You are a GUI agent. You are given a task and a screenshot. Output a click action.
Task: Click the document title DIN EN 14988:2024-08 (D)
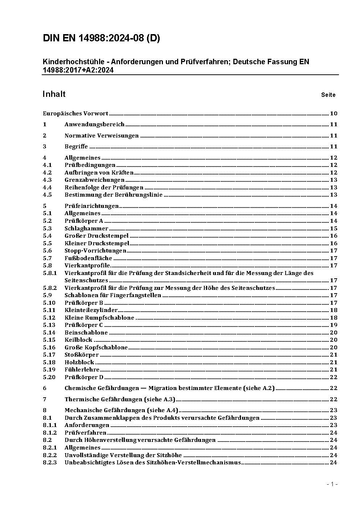point(101,38)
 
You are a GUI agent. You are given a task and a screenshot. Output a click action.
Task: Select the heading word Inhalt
point(54,94)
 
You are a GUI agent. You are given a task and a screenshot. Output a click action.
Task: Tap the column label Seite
point(328,95)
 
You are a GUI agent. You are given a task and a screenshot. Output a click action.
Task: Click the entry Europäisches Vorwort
point(75,114)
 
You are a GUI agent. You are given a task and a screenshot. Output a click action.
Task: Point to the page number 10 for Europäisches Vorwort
point(334,114)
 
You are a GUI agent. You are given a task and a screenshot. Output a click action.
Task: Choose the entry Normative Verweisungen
point(102,136)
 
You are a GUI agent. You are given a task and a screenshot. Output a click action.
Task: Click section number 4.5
point(47,195)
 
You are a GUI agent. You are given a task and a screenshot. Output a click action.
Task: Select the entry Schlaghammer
point(86,229)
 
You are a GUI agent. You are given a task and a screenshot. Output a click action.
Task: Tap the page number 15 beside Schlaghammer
point(334,229)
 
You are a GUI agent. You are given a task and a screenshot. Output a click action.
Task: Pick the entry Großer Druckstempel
point(97,236)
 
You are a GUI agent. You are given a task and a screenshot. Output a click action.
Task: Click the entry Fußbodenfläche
point(88,258)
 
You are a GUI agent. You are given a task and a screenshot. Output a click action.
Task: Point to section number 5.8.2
point(50,288)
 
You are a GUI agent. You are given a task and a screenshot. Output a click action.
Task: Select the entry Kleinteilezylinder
point(91,310)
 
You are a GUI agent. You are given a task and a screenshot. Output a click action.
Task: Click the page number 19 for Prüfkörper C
point(334,325)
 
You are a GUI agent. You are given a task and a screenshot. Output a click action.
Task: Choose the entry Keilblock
point(78,340)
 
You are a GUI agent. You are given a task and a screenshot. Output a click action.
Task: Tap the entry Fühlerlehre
point(82,370)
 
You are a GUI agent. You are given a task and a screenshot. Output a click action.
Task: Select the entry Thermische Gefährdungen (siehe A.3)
point(120,399)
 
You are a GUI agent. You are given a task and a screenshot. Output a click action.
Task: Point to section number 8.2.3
point(50,463)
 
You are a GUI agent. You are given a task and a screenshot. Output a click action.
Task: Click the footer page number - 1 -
point(332,484)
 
